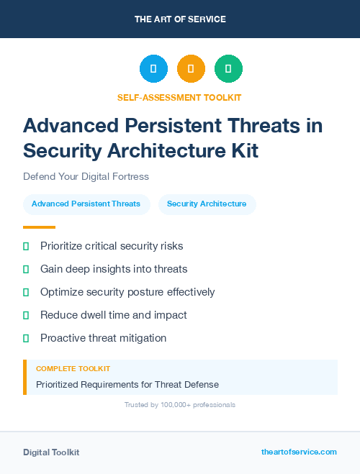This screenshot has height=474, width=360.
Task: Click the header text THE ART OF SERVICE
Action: coord(180,19)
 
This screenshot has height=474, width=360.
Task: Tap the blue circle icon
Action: coord(153,69)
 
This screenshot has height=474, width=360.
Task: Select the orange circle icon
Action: coord(191,69)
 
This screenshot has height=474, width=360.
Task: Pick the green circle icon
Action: coord(228,69)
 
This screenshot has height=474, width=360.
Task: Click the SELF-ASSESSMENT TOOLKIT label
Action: coord(179,97)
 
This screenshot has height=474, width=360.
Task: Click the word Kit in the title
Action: coord(243,150)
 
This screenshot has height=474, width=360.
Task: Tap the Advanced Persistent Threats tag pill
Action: coord(86,204)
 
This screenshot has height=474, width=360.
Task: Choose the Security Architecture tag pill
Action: coord(207,204)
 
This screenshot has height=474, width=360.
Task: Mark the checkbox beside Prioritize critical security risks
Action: coord(26,246)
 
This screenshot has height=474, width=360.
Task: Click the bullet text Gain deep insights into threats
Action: coord(114,269)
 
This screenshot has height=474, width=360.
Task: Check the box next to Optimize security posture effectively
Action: coord(26,292)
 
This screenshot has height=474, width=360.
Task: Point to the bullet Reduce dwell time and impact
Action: coord(114,315)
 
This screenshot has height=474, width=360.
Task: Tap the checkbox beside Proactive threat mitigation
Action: coord(26,338)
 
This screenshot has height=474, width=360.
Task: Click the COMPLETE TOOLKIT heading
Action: coord(73,368)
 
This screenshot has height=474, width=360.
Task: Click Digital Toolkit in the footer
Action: coord(51,452)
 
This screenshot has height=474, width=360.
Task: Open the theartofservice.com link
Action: coord(299,452)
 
